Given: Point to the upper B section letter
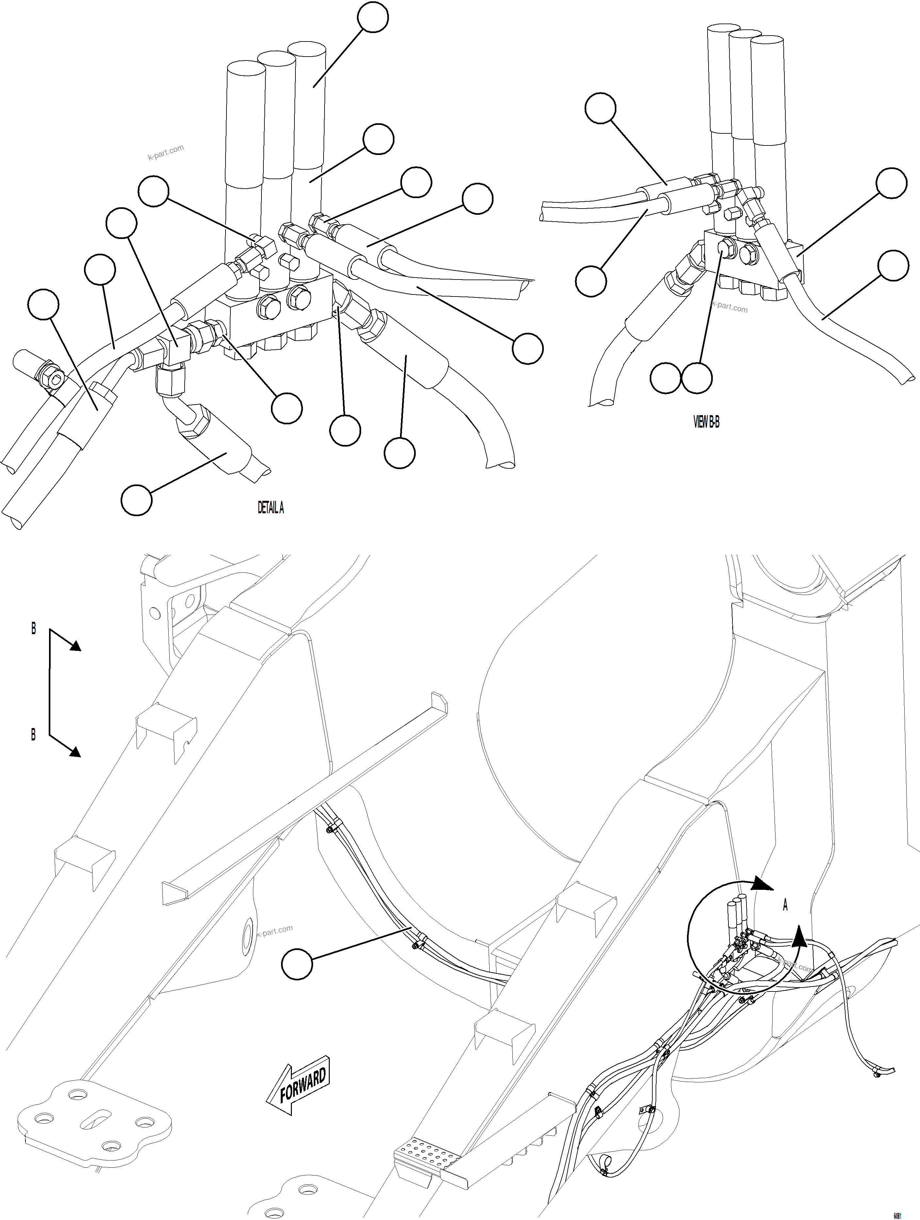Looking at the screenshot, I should [x=34, y=628].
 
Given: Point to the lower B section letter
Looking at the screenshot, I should [x=34, y=735].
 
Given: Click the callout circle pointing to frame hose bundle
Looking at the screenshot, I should [x=297, y=964].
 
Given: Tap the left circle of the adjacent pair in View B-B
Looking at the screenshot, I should [x=665, y=378].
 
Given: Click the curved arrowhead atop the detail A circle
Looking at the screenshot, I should [x=764, y=884].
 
